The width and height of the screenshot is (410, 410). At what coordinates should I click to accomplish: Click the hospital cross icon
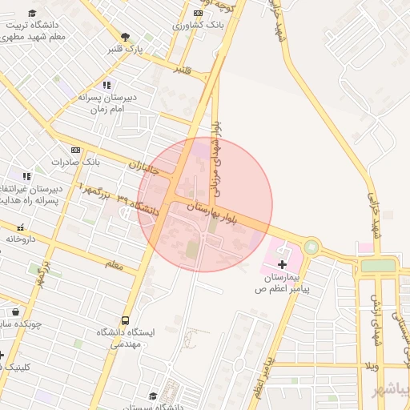click(282, 263)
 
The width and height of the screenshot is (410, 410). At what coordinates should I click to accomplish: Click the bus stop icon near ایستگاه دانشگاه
click(124, 319)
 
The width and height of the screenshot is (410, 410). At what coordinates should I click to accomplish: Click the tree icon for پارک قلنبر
click(125, 36)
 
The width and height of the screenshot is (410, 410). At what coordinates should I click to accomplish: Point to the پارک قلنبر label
click(127, 49)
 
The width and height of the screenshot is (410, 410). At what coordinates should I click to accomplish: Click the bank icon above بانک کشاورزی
click(198, 13)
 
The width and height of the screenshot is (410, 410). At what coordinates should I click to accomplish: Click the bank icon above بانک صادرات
click(75, 150)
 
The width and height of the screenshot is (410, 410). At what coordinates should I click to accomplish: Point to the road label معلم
click(115, 263)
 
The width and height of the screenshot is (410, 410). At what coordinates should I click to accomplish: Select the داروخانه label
click(22, 239)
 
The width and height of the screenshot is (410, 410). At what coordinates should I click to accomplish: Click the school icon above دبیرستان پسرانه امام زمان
click(107, 85)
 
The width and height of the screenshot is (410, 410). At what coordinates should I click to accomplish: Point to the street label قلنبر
click(183, 71)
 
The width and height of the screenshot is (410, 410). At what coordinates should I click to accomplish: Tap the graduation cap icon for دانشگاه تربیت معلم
click(32, 13)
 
